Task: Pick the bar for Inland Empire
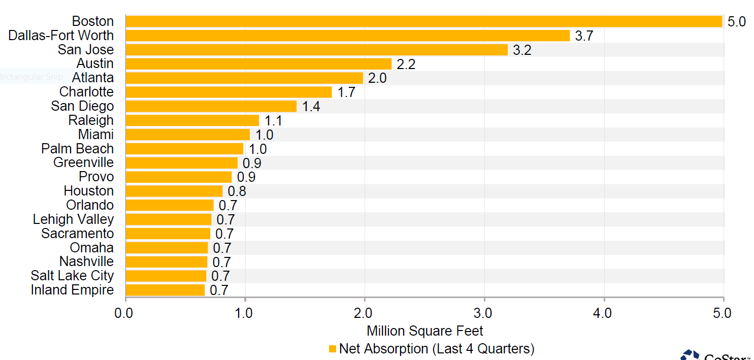(x=165, y=290)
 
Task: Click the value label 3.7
(x=584, y=36)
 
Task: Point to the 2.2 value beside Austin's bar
(x=406, y=64)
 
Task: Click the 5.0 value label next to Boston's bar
(x=736, y=22)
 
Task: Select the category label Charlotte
(x=86, y=92)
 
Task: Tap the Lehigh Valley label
(x=73, y=219)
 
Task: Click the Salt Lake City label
(x=72, y=276)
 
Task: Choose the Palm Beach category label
(x=77, y=149)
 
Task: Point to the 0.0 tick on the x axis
(x=124, y=313)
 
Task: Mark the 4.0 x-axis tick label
(x=604, y=313)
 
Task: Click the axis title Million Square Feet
(x=424, y=331)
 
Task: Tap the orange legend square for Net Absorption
(x=333, y=349)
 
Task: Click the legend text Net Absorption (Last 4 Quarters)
(x=437, y=349)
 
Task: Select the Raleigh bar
(x=192, y=120)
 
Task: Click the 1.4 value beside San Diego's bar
(x=311, y=107)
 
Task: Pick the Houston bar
(x=174, y=191)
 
